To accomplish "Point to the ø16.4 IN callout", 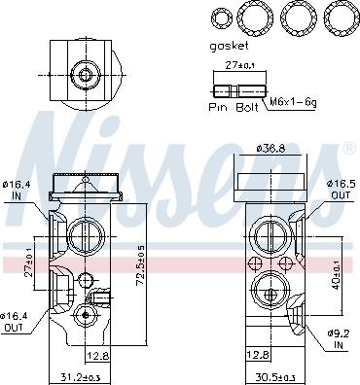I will click(17, 188).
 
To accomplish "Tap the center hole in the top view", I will click(85, 74).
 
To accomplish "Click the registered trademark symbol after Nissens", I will click(349, 148).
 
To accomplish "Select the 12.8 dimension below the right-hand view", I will click(259, 355).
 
